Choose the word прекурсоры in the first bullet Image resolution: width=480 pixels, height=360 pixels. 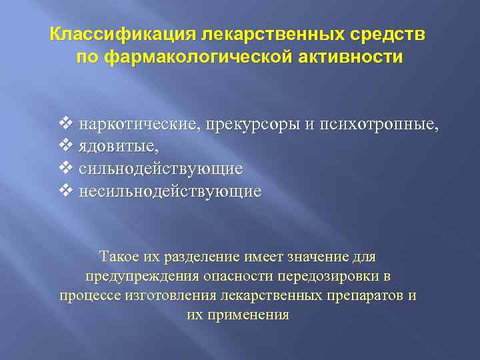pos(240,124)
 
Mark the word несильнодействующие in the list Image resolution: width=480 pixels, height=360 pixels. pos(170,192)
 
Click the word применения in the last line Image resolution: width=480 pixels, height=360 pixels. pos(248,315)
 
